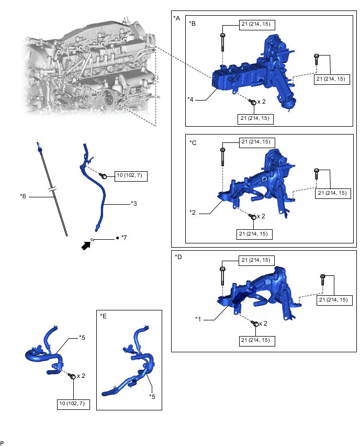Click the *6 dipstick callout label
22,196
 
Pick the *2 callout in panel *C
193,212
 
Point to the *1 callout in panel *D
198,319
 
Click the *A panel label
176,18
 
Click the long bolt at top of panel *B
223,42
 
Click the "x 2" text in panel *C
260,216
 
